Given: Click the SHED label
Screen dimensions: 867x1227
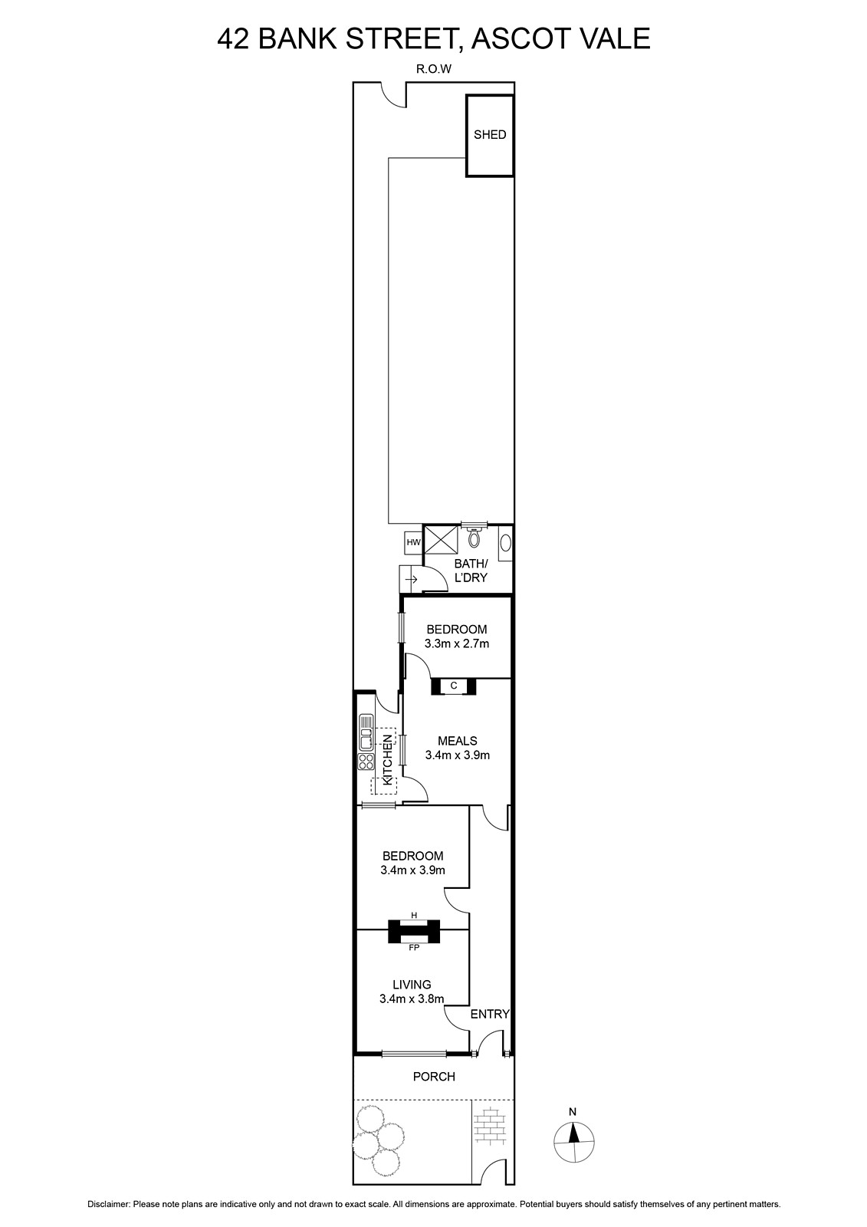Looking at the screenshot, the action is click(490, 135).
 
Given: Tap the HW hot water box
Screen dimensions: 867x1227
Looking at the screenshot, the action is click(413, 542).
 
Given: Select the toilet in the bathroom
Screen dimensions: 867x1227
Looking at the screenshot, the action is click(475, 535).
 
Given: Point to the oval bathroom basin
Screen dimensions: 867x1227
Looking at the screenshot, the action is click(506, 543).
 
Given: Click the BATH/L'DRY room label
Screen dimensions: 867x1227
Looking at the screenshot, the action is click(471, 571).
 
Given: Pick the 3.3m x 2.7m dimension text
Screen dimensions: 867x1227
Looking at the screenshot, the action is click(457, 643).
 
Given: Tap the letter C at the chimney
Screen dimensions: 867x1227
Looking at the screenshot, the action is click(454, 686).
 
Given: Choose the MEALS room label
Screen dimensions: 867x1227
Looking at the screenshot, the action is click(458, 741).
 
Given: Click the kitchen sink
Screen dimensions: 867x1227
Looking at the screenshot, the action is click(366, 732).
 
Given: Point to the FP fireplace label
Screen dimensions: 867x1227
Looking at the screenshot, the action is click(414, 948).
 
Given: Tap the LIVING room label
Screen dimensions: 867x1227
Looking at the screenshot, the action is click(412, 985).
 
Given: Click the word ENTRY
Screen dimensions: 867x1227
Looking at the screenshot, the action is click(490, 1014).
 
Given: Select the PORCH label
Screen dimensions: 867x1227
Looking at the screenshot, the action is click(434, 1077).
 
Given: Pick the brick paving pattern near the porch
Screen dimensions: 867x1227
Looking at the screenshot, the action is click(491, 1129).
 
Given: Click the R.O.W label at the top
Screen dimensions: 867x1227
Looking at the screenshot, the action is click(434, 69).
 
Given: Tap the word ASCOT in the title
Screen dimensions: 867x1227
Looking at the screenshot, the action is click(514, 39).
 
